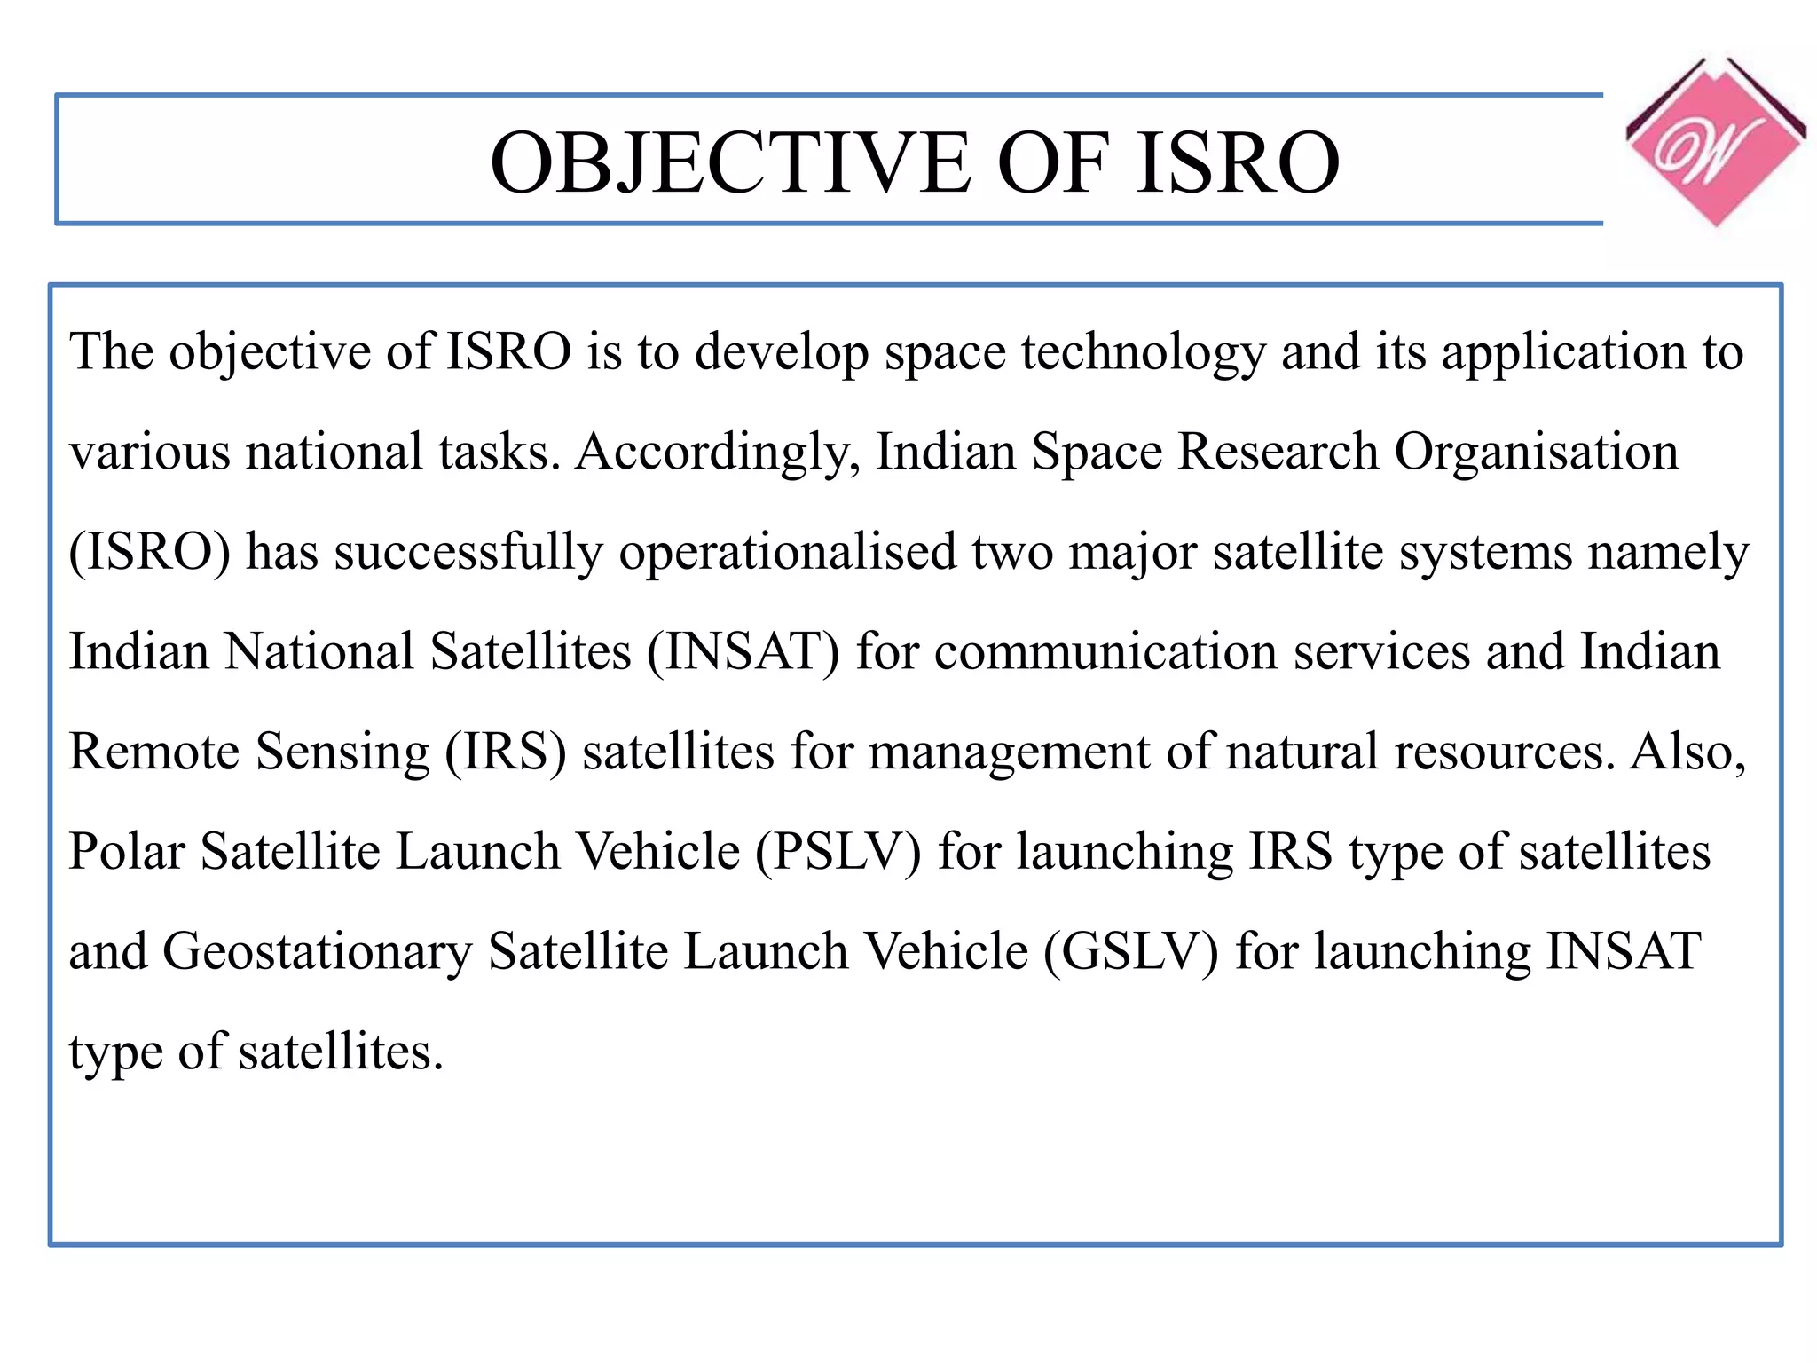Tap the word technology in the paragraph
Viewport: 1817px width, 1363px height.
coord(1143,352)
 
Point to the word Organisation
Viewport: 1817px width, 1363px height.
coord(1536,453)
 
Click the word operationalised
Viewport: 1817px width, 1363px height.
coord(787,552)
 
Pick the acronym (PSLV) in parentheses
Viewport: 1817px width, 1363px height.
coord(838,852)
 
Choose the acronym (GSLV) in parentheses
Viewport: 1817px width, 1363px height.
coord(1130,952)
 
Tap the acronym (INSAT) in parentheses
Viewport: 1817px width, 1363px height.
coord(743,652)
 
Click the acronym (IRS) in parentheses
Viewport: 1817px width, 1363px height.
coord(505,752)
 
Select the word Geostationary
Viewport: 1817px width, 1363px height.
coord(317,952)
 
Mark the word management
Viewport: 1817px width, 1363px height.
coord(1008,752)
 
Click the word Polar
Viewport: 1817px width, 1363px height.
coord(127,852)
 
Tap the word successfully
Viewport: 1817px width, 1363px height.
coord(468,552)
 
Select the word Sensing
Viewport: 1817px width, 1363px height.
coord(342,752)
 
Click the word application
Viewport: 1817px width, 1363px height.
coord(1562,352)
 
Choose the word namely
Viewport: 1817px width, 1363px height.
coord(1668,552)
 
